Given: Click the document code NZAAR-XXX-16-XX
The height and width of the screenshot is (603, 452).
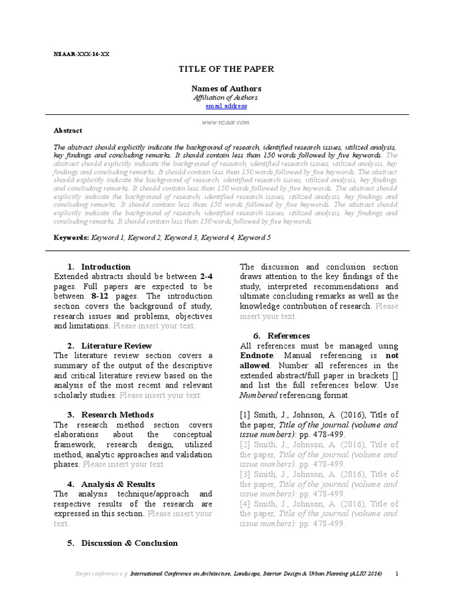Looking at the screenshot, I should tap(81, 54).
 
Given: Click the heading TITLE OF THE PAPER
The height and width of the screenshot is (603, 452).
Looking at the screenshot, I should tap(226, 69).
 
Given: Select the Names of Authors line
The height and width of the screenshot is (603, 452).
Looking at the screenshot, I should tap(226, 88).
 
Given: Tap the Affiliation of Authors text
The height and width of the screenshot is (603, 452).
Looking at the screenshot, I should tap(226, 97).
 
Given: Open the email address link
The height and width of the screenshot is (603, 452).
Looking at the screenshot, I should tap(226, 106).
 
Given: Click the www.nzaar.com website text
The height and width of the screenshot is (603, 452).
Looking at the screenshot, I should tap(226, 121).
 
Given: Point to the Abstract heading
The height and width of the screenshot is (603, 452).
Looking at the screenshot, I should tap(68, 131).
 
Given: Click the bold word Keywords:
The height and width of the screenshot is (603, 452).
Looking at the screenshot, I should tap(71, 237).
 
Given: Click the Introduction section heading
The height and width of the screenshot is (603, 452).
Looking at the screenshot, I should tap(105, 267).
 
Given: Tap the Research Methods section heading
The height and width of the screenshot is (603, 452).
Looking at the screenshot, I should tap(117, 415).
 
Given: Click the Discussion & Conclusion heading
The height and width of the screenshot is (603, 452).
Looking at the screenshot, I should tap(129, 543).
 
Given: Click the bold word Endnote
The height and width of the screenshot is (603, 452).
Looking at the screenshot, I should tap(257, 356).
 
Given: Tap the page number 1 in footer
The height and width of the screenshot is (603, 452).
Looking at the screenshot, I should tap(397, 574).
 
